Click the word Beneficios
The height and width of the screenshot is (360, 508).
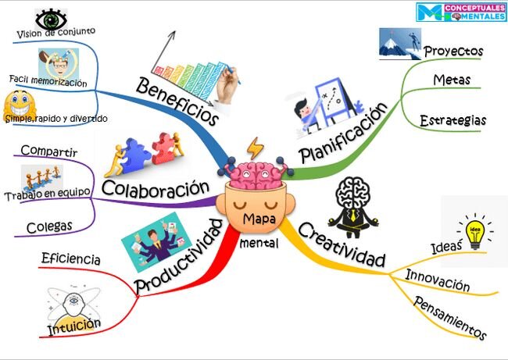click(177, 101)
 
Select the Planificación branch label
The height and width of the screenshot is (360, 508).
click(343, 133)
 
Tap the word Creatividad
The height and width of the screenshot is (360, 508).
click(342, 244)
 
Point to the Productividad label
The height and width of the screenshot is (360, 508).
click(179, 256)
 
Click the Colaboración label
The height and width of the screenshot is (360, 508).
click(156, 188)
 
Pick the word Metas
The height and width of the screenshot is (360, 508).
click(452, 80)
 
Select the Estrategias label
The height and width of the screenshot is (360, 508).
click(453, 121)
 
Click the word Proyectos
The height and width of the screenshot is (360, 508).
click(453, 52)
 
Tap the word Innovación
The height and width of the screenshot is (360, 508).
click(438, 280)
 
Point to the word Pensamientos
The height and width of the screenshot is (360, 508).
click(449, 318)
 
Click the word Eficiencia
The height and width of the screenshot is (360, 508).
click(71, 259)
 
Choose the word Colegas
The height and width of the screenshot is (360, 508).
click(49, 227)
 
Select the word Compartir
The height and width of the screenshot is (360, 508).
click(49, 151)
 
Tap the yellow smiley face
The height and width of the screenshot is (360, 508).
click(20, 104)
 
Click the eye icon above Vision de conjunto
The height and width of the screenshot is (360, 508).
click(51, 20)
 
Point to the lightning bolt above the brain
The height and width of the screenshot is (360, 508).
click(255, 148)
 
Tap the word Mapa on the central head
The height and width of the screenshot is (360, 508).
click(259, 219)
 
